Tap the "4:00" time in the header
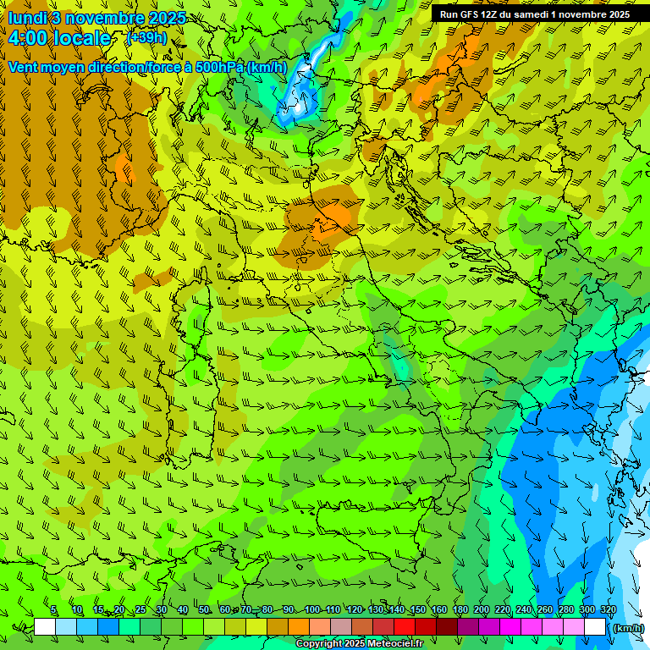click(x=31, y=39)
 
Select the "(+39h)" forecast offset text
click(x=146, y=38)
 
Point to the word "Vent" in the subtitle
click(x=25, y=67)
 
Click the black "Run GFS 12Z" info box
click(x=534, y=14)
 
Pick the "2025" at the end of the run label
click(x=617, y=14)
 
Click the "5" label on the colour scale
click(x=53, y=610)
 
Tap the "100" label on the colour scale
click(x=312, y=610)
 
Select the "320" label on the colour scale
click(x=608, y=610)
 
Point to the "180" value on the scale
click(x=460, y=610)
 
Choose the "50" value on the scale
click(x=204, y=610)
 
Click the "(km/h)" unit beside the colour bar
click(x=628, y=628)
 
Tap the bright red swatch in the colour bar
click(x=405, y=627)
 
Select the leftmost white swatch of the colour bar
click(x=45, y=627)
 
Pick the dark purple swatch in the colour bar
click(x=468, y=627)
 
